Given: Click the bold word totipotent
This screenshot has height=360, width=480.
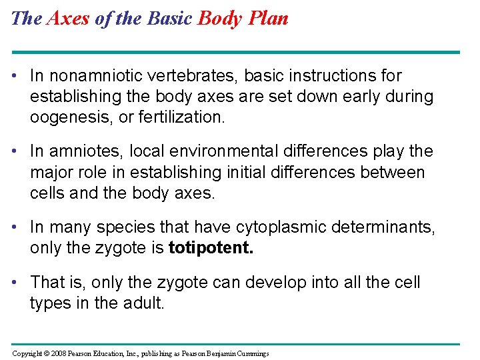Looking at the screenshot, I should click(x=211, y=249).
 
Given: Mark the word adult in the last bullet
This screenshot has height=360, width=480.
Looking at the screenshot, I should click(x=143, y=303).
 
